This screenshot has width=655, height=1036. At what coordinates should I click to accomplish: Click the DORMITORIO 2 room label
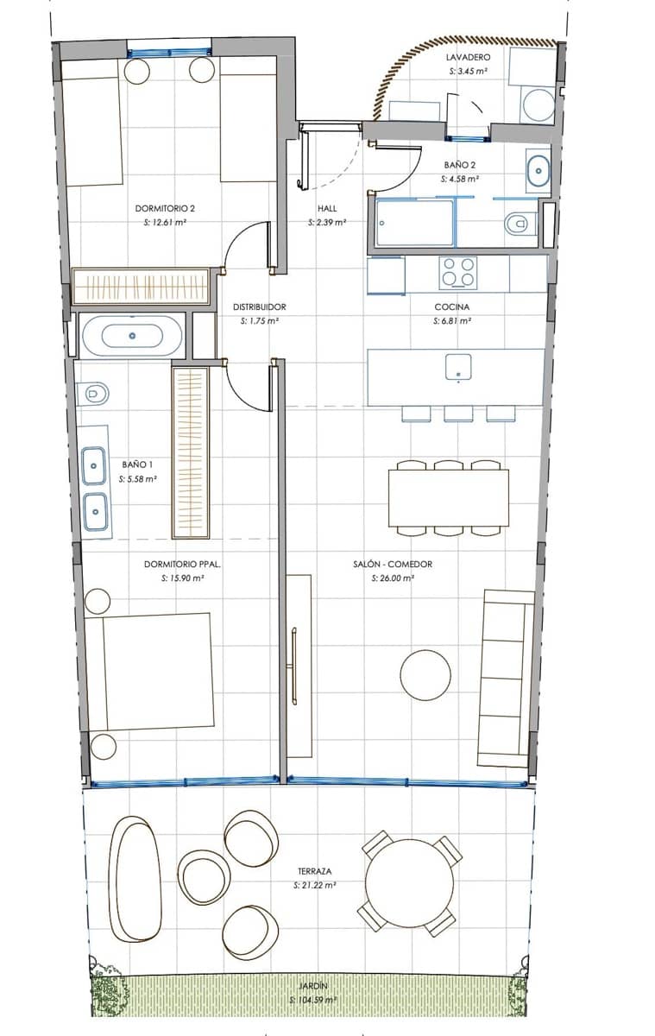[x=161, y=208]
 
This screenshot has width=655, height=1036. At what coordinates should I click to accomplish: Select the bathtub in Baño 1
[x=132, y=336]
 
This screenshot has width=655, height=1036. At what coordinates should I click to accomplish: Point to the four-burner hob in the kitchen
[x=457, y=272]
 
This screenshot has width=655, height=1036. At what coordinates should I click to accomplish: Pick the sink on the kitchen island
[x=457, y=366]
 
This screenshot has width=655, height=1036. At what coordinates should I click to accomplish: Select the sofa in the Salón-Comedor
[x=506, y=678]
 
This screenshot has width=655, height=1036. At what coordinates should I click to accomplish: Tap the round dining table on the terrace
[x=409, y=883]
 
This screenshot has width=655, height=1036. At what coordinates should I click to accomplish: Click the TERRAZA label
[x=314, y=871]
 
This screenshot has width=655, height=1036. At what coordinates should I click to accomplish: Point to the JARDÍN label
[x=314, y=984]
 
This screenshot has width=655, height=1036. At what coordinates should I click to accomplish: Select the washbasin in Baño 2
[x=538, y=170]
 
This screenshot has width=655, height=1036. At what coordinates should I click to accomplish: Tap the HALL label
[x=327, y=208]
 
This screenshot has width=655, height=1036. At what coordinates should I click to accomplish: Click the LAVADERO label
[x=468, y=57]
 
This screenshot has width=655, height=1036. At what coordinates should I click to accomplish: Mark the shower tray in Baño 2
[x=414, y=223]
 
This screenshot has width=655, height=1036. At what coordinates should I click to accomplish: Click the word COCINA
[x=451, y=306]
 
